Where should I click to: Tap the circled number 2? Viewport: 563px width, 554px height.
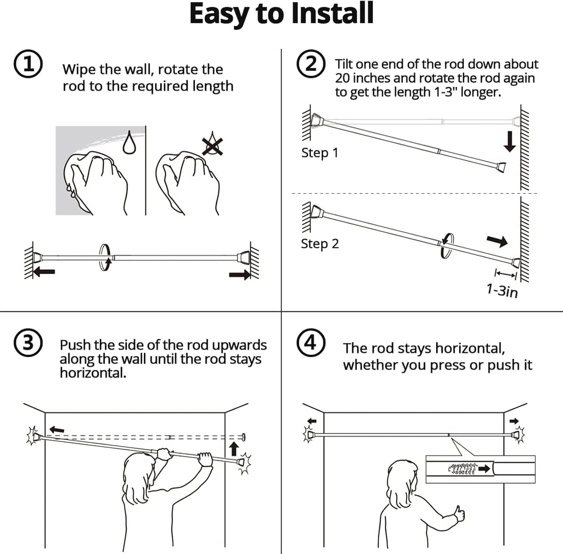(x=311, y=64)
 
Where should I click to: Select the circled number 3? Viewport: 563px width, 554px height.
(x=28, y=343)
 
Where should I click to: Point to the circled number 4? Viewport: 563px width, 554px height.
(x=311, y=343)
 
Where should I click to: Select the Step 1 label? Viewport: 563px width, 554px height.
(x=320, y=153)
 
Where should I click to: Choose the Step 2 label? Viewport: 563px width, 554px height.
(x=320, y=244)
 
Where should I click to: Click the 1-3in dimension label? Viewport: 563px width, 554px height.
(x=502, y=290)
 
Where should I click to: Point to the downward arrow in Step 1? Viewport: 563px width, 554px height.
(x=509, y=142)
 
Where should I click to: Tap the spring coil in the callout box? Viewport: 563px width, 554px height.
(x=462, y=468)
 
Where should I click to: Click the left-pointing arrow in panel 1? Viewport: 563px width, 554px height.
(x=44, y=271)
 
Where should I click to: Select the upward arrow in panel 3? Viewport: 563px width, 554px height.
(x=234, y=448)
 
